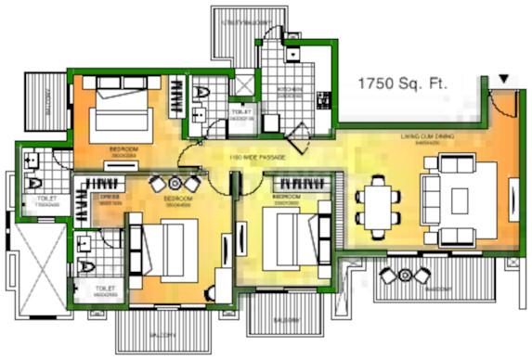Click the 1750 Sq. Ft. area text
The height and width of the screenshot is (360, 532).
[x=403, y=84]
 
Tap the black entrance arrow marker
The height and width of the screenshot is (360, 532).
[x=503, y=81]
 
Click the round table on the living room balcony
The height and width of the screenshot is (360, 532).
[x=405, y=275]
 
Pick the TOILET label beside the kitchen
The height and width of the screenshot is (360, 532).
[x=241, y=115]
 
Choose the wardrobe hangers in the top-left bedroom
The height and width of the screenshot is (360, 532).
[x=177, y=96]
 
